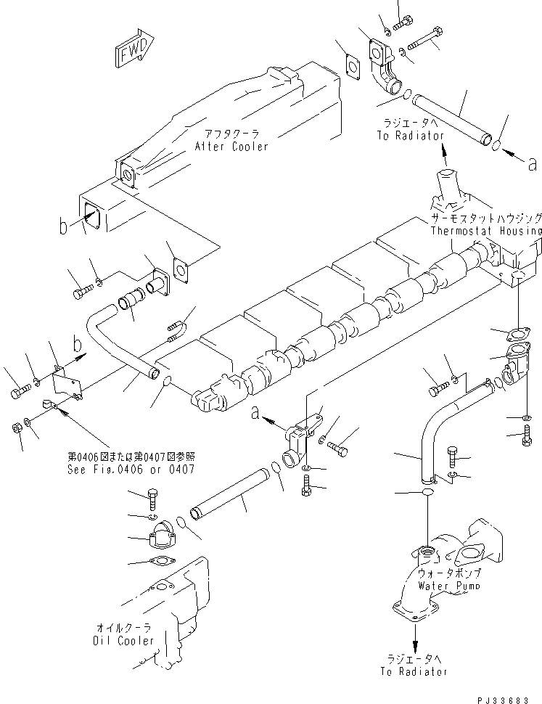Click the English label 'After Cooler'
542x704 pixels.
pos(231,147)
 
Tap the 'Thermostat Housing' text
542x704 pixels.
pos(485,231)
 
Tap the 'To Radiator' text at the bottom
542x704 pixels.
pos(414,672)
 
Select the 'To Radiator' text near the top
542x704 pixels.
pos(410,136)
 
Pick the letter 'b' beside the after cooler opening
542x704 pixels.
pos(64,228)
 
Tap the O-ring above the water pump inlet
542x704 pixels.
pos(427,493)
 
